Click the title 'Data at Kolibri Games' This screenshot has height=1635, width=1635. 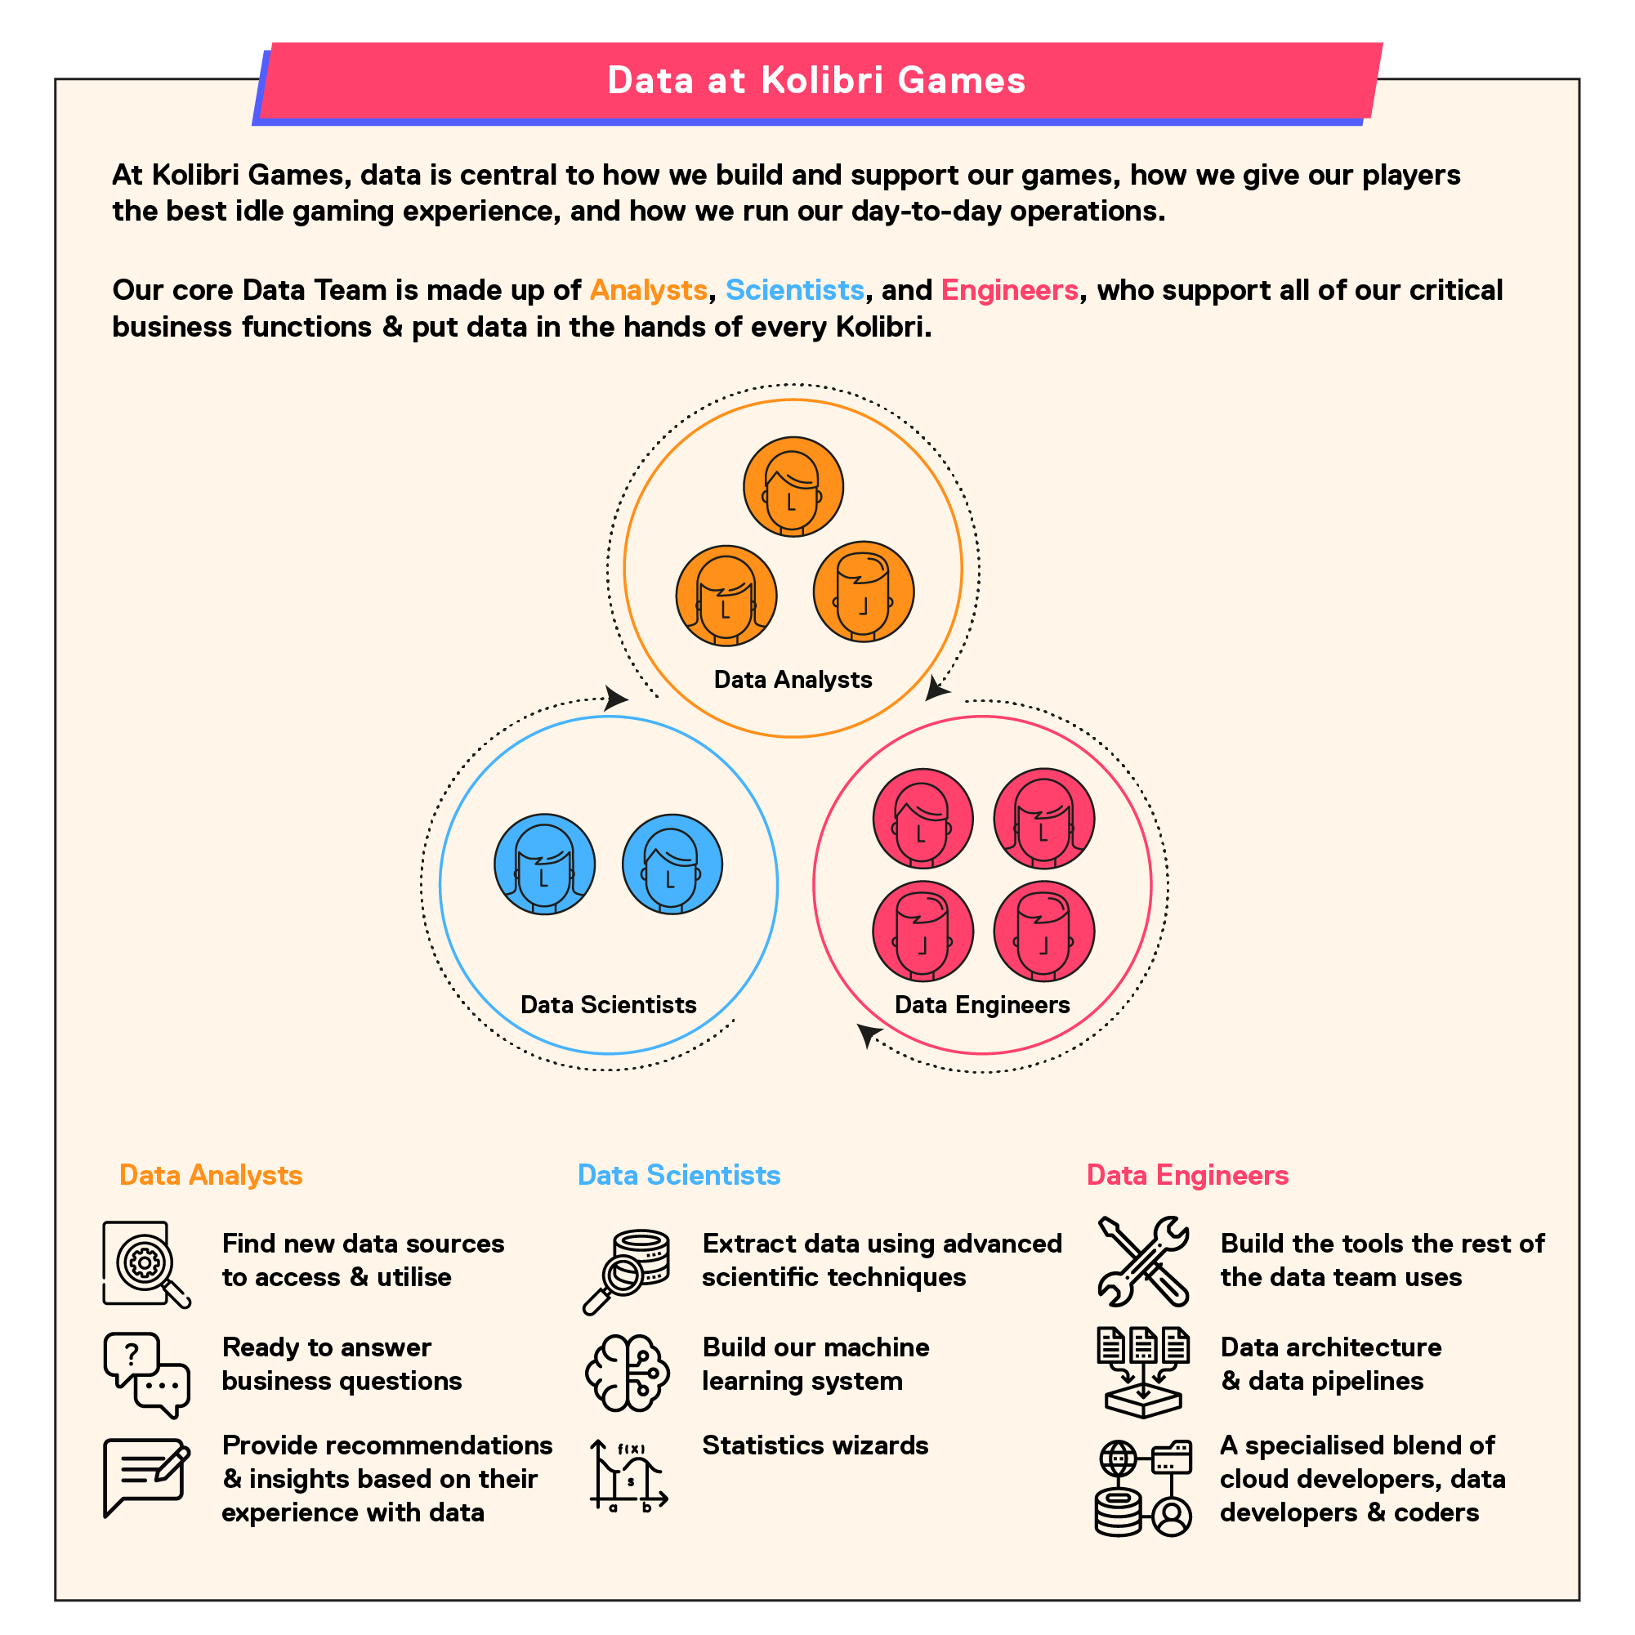click(816, 80)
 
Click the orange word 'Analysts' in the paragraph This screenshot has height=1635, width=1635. click(648, 290)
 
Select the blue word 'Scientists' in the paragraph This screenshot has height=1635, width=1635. click(795, 290)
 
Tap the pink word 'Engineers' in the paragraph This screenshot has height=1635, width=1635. click(1010, 290)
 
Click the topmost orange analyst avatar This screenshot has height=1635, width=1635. click(793, 487)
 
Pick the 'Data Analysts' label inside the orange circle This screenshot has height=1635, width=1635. click(793, 680)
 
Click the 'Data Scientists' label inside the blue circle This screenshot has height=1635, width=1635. click(609, 1004)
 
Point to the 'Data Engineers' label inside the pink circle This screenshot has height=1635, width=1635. click(982, 1004)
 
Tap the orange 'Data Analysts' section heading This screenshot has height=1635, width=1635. click(211, 1175)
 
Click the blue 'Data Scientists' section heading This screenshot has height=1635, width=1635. click(679, 1175)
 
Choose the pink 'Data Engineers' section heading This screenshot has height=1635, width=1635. click(1187, 1175)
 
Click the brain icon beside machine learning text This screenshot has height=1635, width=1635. click(627, 1373)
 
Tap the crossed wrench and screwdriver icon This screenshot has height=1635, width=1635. click(1143, 1261)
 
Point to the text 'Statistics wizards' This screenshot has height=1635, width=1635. click(815, 1445)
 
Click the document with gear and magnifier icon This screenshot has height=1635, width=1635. click(146, 1264)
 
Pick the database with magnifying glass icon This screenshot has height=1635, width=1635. click(626, 1272)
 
